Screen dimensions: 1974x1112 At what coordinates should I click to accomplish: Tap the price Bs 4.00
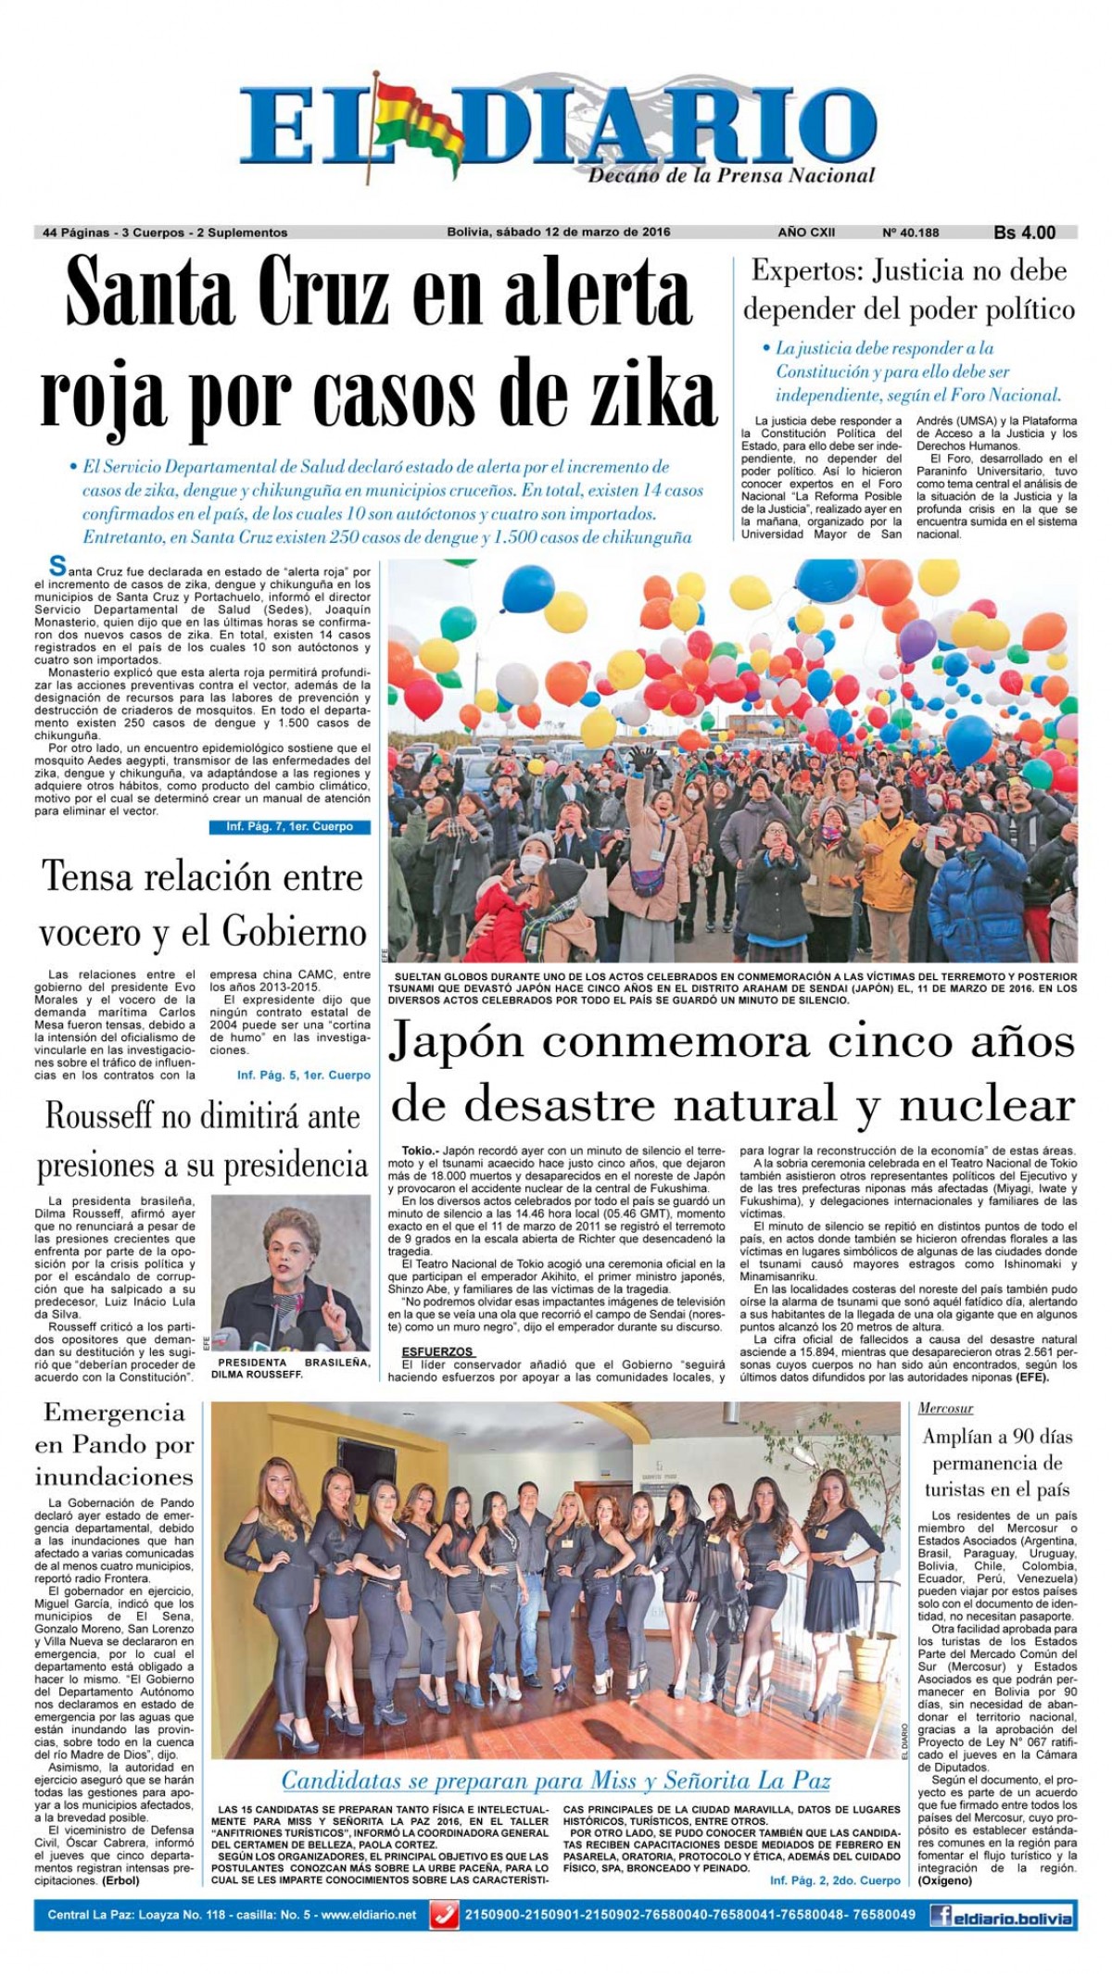1024,233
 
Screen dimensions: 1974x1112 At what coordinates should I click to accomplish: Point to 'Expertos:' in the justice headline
807,271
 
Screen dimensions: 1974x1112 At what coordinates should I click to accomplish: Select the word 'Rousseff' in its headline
99,1116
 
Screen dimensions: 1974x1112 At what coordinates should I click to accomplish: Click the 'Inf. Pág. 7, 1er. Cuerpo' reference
289,826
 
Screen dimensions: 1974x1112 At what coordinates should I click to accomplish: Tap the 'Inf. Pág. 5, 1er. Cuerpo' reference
304,1075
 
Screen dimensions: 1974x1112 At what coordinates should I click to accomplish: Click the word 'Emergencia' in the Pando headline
114,1413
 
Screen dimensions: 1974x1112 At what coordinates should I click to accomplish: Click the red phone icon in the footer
444,1915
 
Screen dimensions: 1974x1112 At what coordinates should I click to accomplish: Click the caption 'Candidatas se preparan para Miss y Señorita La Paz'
555,1780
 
